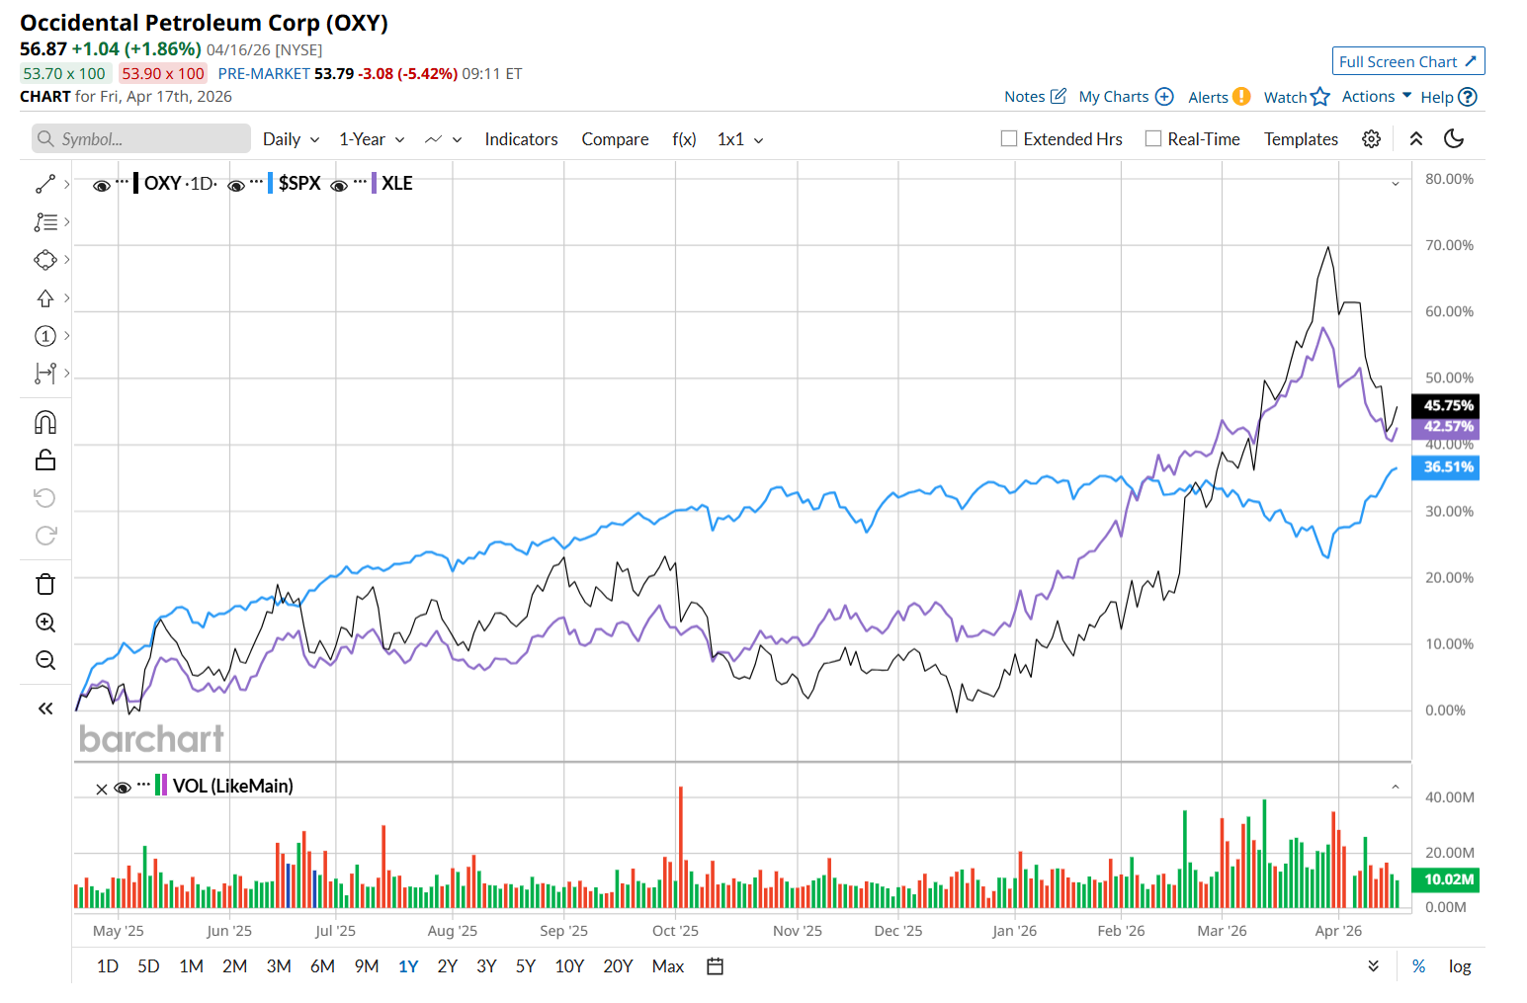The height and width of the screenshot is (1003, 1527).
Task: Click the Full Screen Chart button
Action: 1407,61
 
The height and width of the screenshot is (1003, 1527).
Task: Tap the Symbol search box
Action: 141,139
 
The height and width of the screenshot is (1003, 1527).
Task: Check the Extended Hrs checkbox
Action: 1009,139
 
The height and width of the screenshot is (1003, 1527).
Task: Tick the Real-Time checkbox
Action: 1153,139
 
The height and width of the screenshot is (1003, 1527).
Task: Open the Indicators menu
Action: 521,139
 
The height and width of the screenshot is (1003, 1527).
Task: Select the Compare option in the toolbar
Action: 615,139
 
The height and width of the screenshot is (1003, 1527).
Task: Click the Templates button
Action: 1301,139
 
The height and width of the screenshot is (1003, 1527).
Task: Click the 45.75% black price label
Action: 1448,405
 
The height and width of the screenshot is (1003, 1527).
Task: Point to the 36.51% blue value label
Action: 1448,467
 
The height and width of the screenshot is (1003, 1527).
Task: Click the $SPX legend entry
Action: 299,183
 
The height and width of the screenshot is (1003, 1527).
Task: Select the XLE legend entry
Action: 396,183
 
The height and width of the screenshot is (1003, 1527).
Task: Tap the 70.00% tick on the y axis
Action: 1449,245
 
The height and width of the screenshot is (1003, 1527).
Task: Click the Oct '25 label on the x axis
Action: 675,931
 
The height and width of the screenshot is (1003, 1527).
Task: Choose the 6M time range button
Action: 322,966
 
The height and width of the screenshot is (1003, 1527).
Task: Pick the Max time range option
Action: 668,966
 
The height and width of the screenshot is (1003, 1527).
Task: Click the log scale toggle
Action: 1460,966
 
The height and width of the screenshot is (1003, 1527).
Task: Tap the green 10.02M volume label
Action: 1448,879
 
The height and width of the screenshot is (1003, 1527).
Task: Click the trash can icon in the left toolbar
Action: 45,584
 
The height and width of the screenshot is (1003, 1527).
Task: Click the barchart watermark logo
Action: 151,738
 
